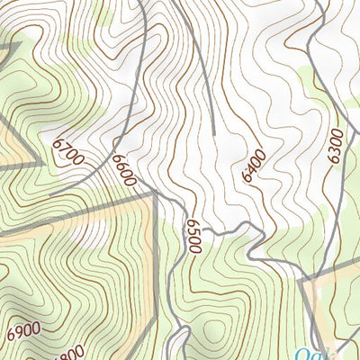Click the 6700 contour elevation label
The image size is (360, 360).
[x=67, y=151]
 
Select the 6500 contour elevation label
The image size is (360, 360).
[x=193, y=235]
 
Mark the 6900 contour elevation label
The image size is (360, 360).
[x=22, y=330]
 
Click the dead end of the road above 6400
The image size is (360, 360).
[x=215, y=135]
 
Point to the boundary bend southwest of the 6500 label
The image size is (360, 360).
[x=158, y=270]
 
